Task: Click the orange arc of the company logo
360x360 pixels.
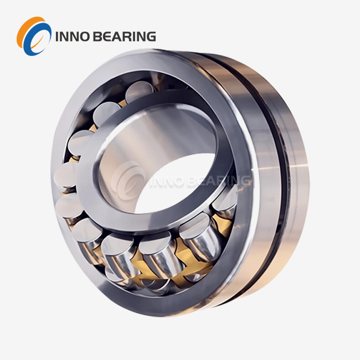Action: click(24, 30)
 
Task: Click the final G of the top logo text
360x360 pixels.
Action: click(151, 37)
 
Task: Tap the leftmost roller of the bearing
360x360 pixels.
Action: click(66, 175)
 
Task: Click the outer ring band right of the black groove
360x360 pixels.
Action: click(296, 183)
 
